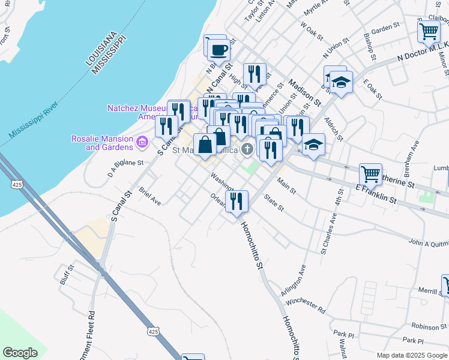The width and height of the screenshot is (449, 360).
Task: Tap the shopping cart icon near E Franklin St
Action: tap(370, 175)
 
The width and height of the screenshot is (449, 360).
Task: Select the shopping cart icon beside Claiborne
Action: tap(429, 31)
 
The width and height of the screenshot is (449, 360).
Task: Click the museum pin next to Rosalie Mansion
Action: tap(142, 142)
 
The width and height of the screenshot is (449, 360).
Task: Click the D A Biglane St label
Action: tap(126, 163)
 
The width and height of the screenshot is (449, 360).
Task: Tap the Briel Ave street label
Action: tap(149, 196)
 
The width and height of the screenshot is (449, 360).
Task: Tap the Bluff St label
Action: tap(66, 274)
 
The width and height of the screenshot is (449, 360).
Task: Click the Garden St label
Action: tap(385, 28)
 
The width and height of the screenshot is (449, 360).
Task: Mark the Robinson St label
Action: tap(426, 326)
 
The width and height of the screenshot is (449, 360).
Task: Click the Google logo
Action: tap(20, 353)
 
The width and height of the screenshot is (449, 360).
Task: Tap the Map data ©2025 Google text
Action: tap(411, 355)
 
